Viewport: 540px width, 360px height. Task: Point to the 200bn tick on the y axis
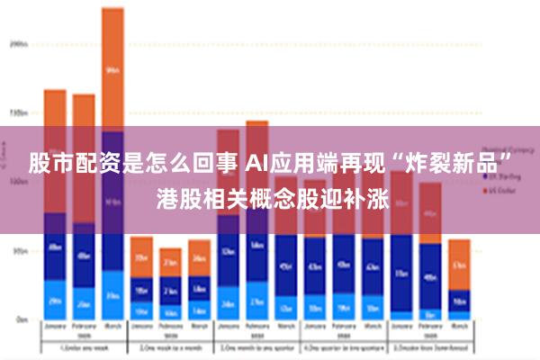[19, 43]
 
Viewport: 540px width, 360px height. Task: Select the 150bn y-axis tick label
[19, 113]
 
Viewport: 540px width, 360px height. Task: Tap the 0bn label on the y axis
[21, 319]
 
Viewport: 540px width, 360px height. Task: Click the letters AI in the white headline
[256, 165]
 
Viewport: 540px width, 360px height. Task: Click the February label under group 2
[170, 329]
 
